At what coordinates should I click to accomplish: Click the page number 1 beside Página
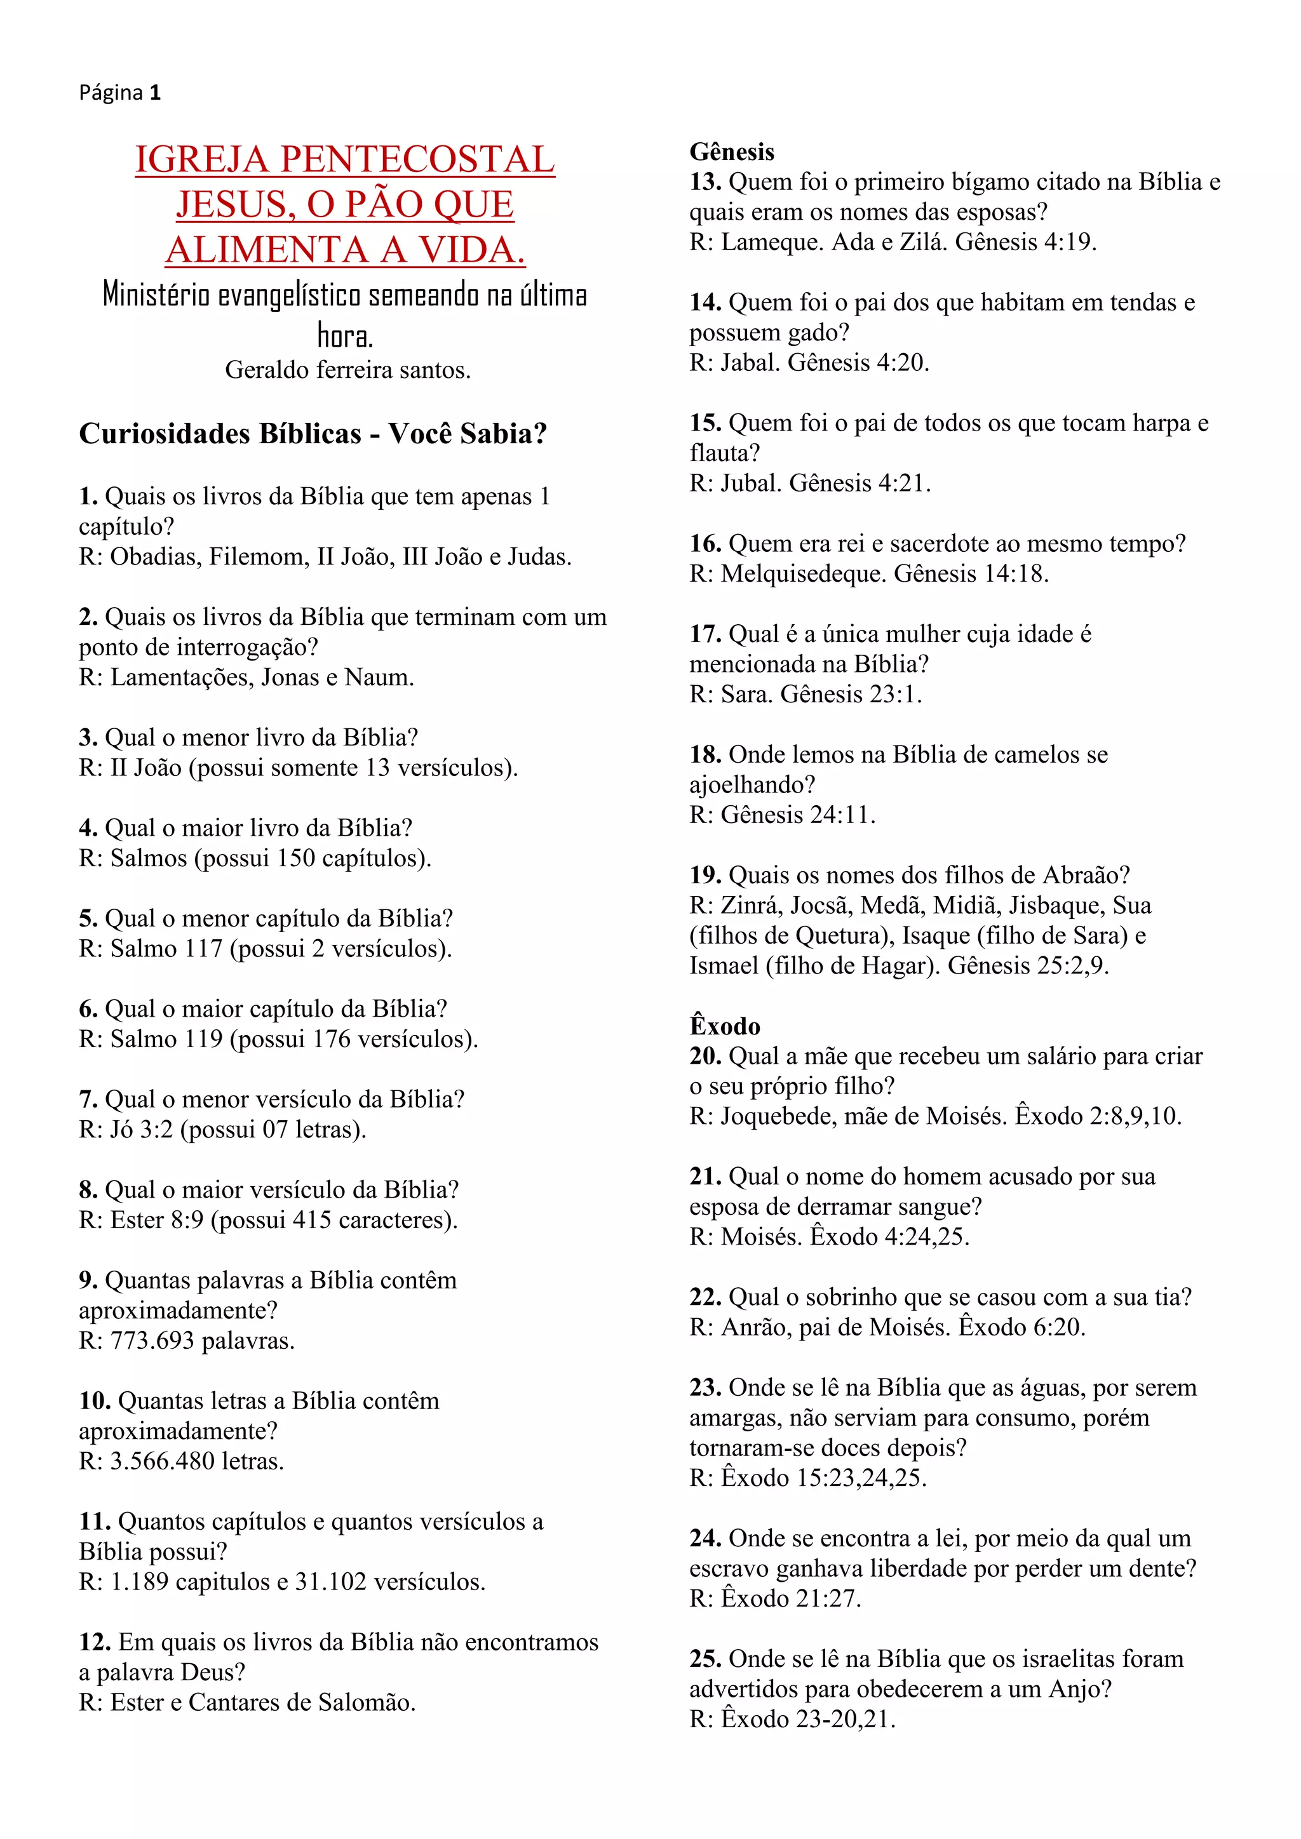tap(156, 93)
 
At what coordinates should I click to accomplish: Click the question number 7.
tap(87, 1099)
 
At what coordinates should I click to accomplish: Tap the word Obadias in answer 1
tap(156, 557)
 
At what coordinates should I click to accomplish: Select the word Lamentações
tap(180, 678)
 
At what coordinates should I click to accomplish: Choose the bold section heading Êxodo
tap(725, 1026)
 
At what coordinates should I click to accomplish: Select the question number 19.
tap(705, 874)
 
